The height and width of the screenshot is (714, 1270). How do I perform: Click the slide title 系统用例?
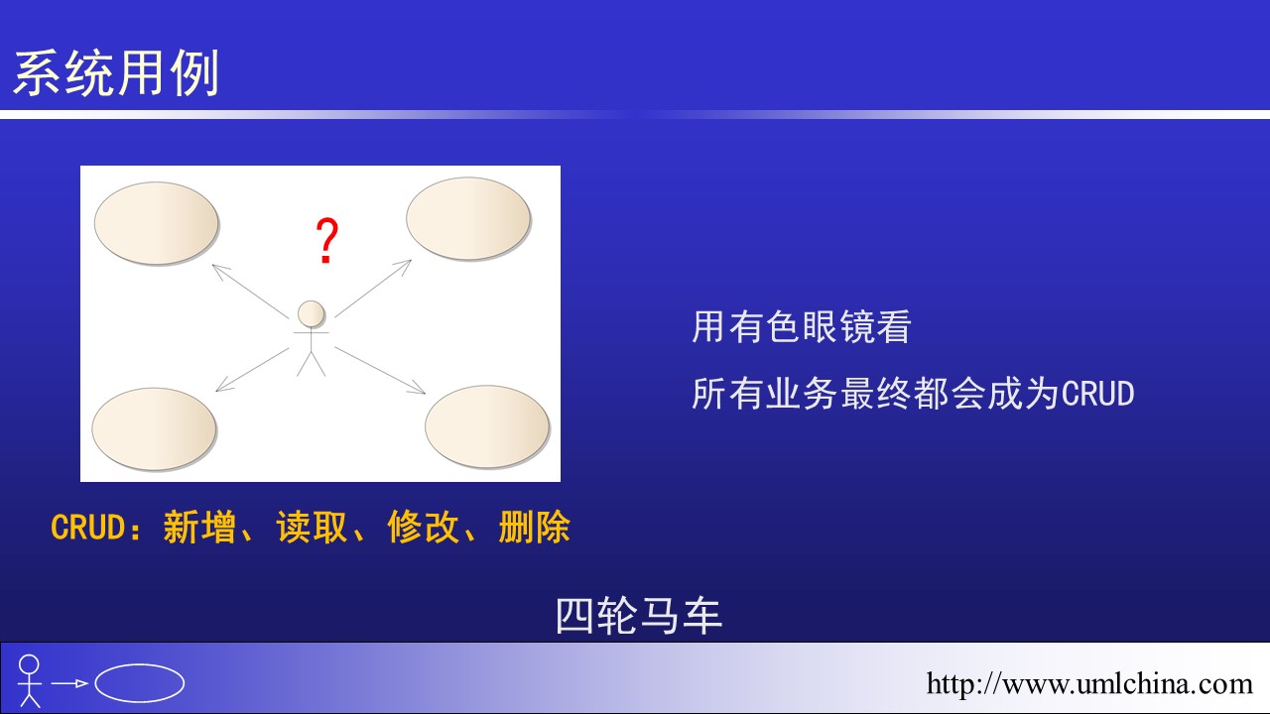116,73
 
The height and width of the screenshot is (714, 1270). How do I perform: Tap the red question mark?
327,240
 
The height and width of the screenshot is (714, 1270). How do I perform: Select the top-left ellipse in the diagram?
157,223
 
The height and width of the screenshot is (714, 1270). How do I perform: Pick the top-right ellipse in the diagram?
468,219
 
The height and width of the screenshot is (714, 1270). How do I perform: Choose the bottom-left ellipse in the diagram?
154,429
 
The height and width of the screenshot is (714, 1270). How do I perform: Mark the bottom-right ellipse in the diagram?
487,426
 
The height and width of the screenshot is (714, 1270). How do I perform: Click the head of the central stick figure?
312,314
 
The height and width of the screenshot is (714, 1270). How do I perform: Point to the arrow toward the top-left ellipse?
250,292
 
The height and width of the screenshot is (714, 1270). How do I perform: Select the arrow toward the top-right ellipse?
373,288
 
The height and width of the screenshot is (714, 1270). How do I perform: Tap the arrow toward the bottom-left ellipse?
252,370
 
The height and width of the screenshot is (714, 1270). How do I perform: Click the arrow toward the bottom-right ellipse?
380,370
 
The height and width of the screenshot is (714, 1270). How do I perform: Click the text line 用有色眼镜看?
801,327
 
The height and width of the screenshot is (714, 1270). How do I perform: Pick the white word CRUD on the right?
1097,394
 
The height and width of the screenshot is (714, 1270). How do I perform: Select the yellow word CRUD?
87,528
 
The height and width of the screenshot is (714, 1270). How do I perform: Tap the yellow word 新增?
199,528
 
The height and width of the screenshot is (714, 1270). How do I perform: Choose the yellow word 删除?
534,528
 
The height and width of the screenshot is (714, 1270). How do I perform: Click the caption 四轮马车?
638,616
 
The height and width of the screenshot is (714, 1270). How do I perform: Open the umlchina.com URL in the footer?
1089,683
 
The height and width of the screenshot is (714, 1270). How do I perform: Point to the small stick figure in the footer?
30,680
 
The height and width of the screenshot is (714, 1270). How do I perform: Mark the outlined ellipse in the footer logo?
140,683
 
